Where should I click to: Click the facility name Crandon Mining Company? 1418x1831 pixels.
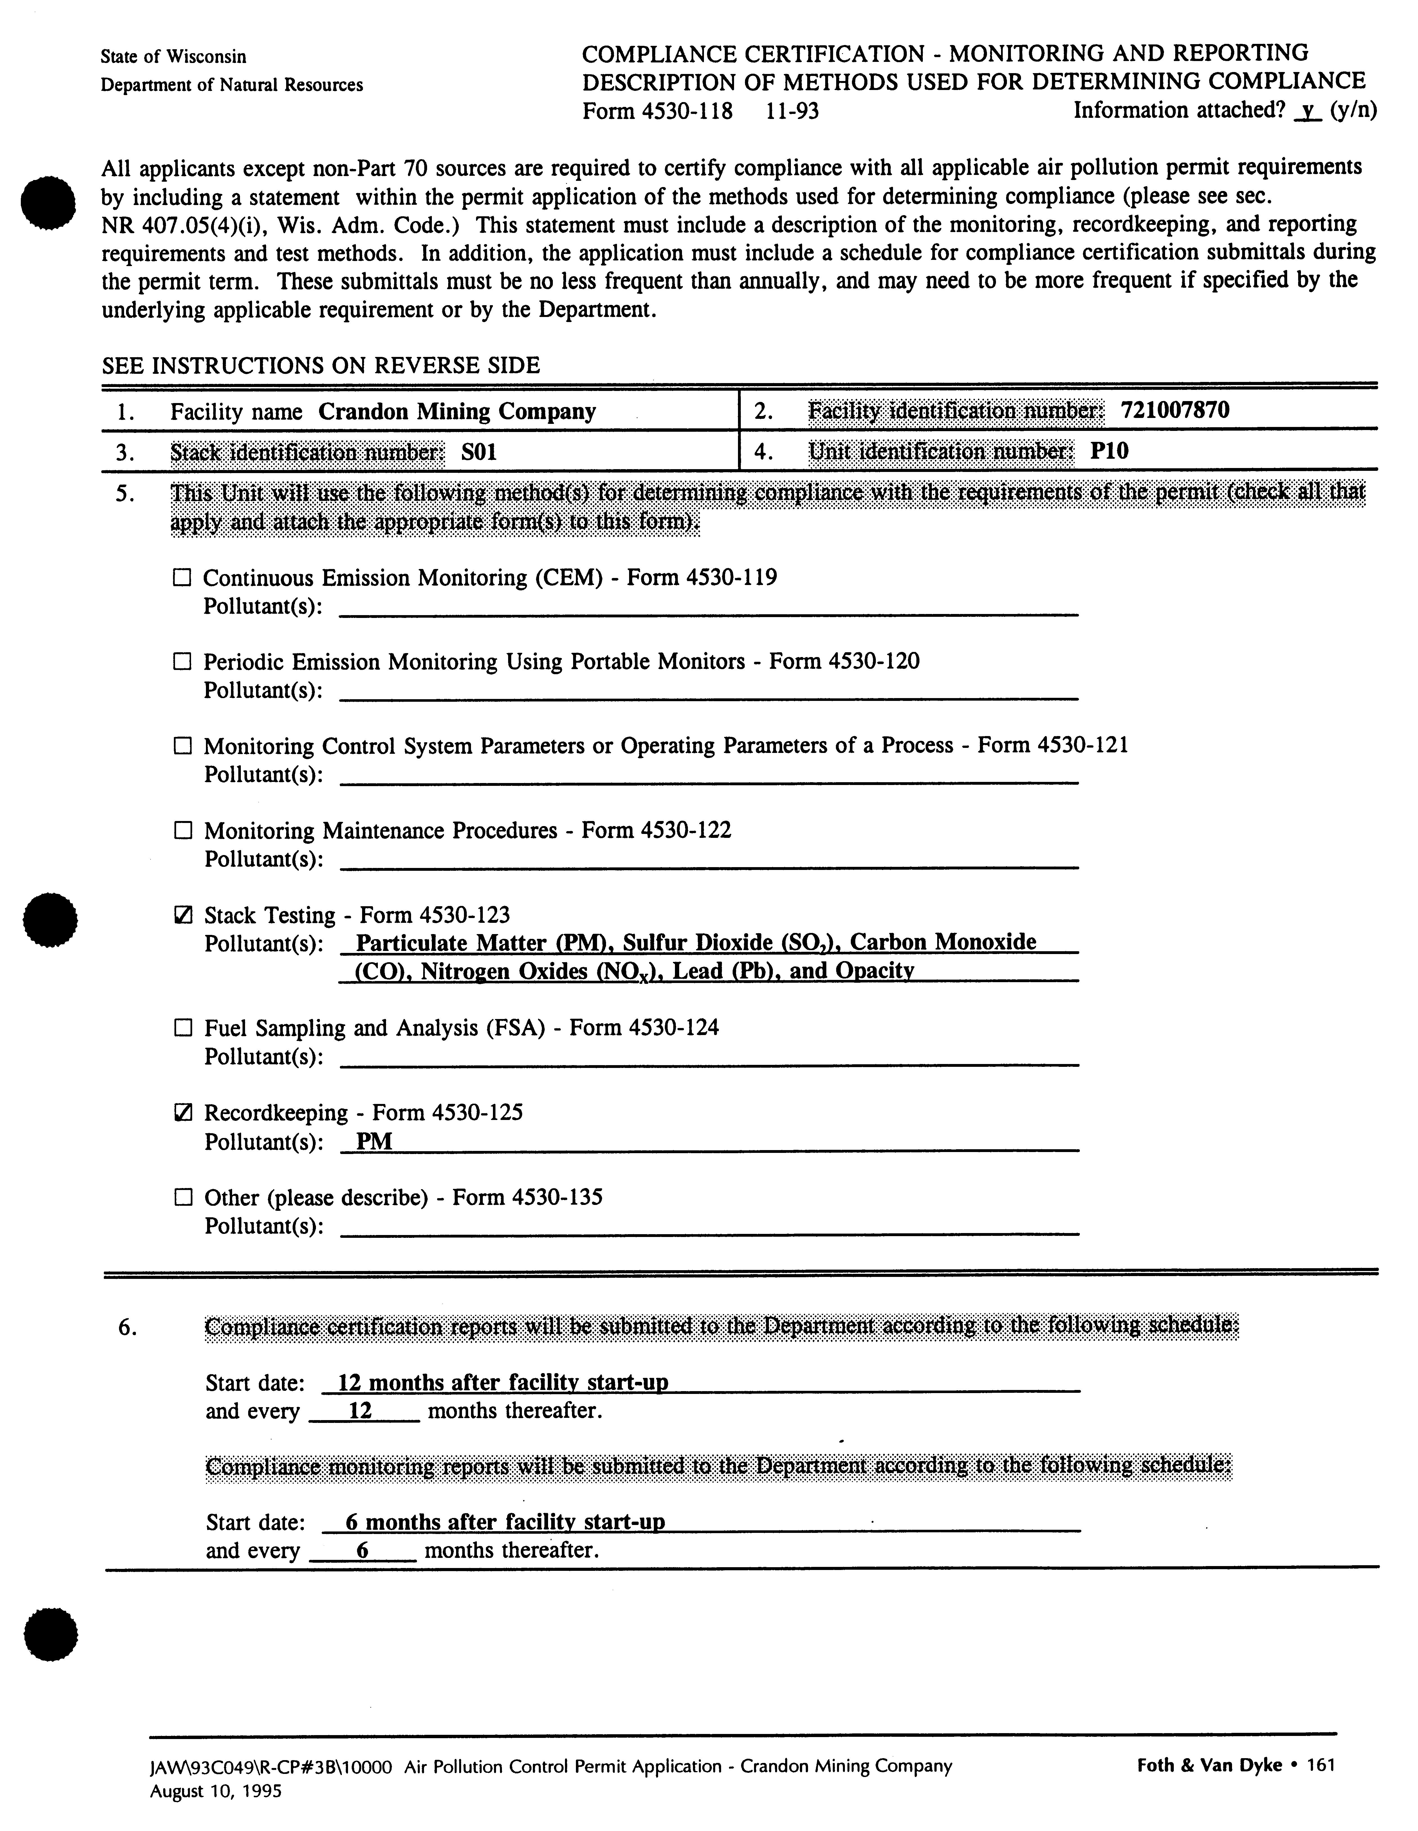[457, 412]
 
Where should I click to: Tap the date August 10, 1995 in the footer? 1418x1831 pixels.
[216, 1792]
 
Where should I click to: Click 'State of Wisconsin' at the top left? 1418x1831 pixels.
[174, 57]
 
